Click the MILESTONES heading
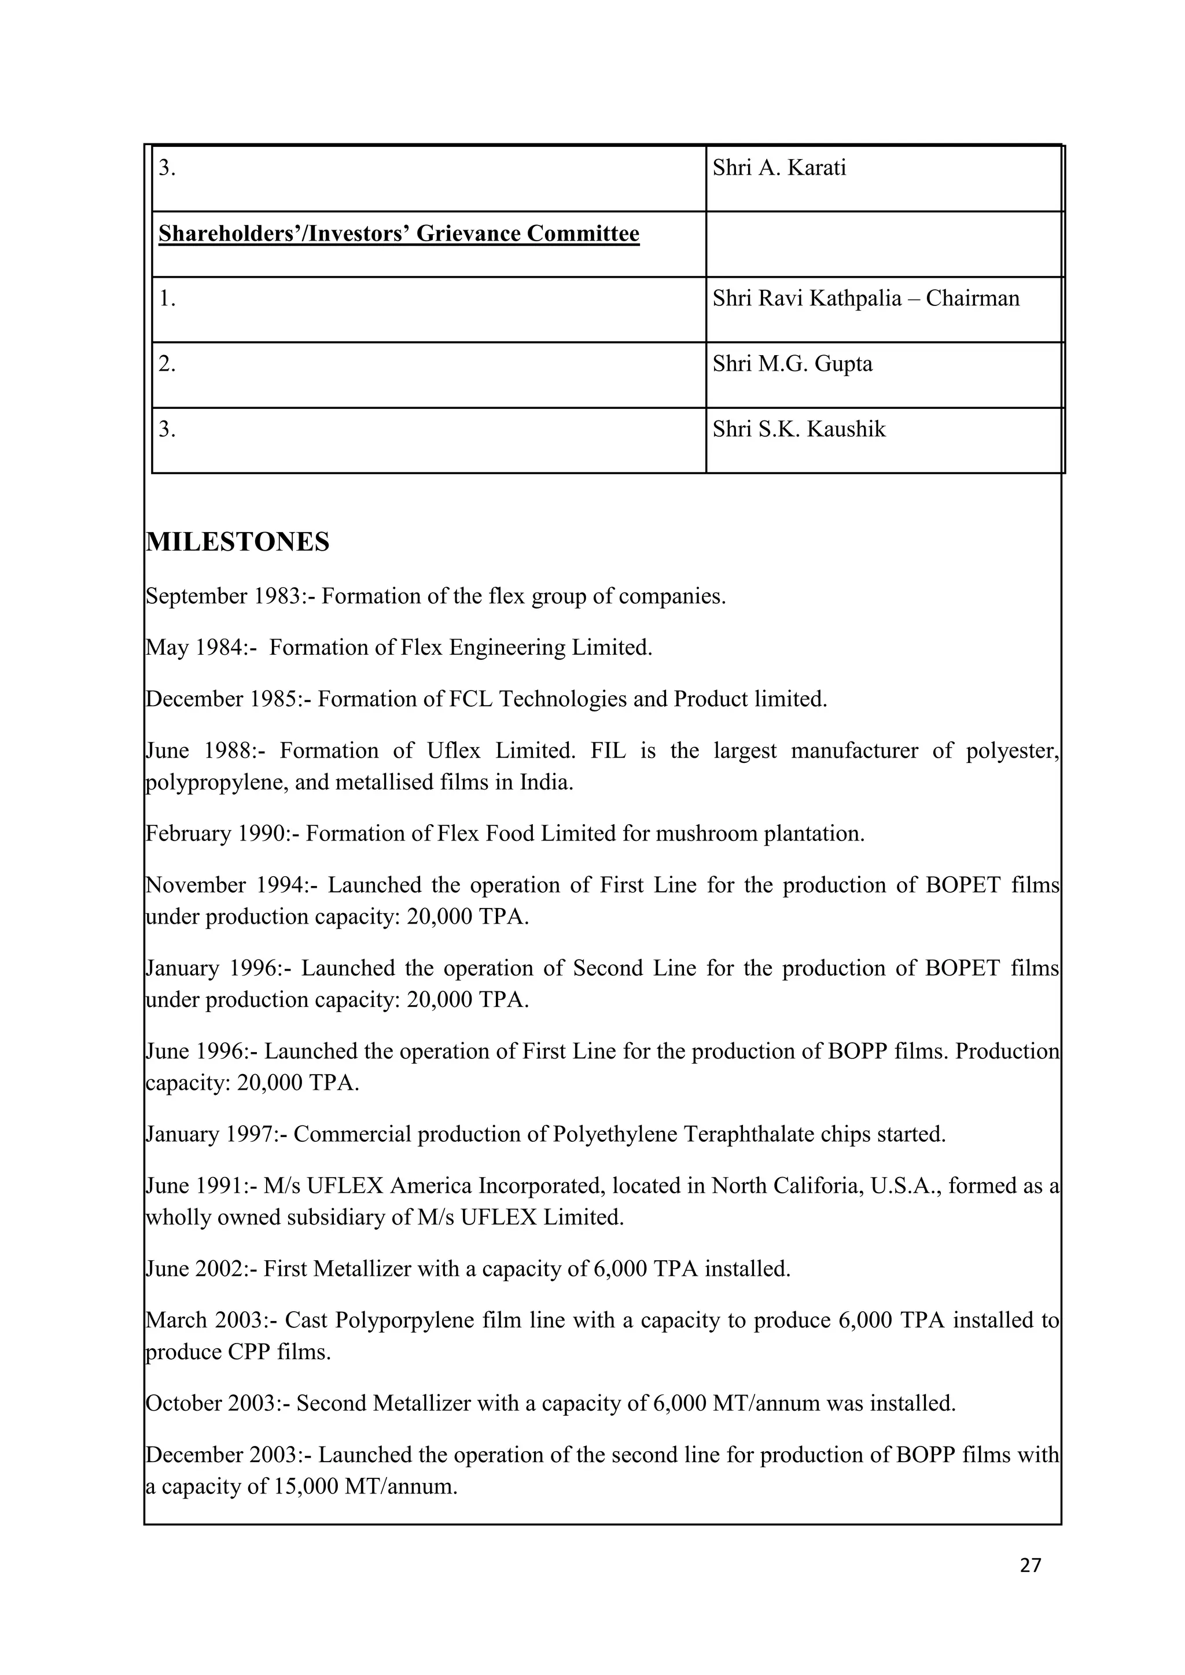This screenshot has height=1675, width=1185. click(x=238, y=542)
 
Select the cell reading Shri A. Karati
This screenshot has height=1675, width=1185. click(x=779, y=168)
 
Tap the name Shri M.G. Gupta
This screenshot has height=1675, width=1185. click(x=793, y=363)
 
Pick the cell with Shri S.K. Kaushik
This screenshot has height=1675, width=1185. click(x=799, y=429)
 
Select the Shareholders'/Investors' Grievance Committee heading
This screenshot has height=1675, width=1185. click(x=399, y=234)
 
